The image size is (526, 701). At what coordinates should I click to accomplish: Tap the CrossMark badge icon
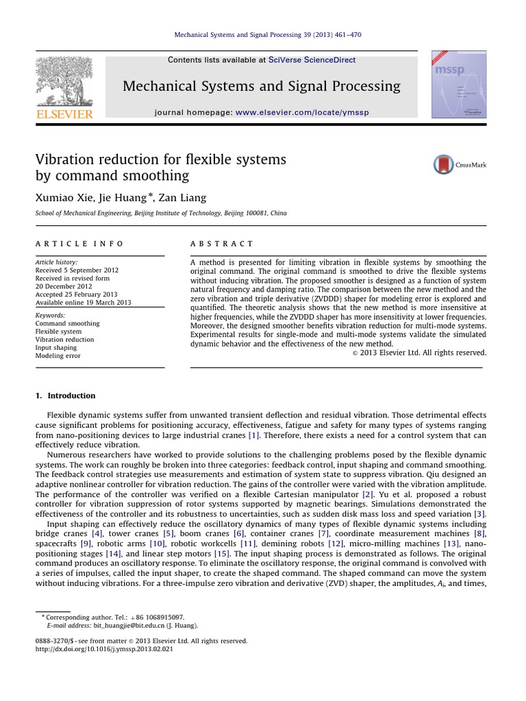click(x=444, y=165)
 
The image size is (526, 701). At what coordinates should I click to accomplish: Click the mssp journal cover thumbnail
click(x=458, y=84)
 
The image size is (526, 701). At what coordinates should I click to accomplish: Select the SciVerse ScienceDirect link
click(x=312, y=60)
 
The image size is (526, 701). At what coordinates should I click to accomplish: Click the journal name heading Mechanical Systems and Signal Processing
click(x=261, y=86)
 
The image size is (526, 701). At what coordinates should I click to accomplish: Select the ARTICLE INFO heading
click(x=79, y=244)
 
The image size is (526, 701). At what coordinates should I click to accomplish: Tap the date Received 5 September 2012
click(x=77, y=270)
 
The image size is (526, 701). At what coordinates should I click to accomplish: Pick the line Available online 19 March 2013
click(x=83, y=303)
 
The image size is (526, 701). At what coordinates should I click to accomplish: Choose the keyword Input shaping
click(x=56, y=348)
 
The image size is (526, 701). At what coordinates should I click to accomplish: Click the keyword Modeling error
click(x=58, y=356)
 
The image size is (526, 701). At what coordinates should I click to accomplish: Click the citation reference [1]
click(x=253, y=435)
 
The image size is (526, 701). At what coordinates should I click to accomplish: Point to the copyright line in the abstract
click(x=419, y=353)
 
